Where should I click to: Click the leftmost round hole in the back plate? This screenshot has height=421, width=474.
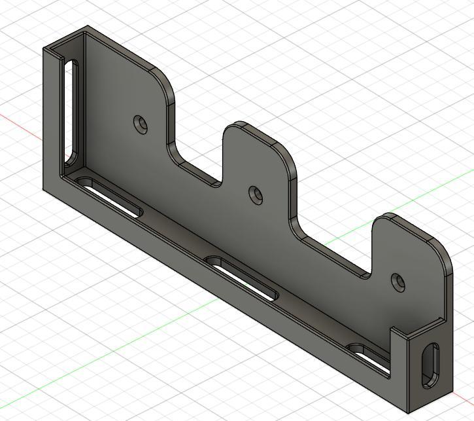pyautogui.click(x=140, y=123)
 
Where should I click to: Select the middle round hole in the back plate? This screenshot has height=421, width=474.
pyautogui.click(x=256, y=194)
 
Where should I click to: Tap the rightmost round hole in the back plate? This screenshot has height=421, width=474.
pyautogui.click(x=398, y=282)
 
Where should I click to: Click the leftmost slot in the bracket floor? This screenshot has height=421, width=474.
pyautogui.click(x=109, y=196)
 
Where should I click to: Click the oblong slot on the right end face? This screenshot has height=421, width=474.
pyautogui.click(x=430, y=363)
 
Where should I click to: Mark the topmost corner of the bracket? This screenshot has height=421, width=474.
pyautogui.click(x=88, y=27)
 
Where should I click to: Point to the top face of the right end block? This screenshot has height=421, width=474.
pyautogui.click(x=424, y=327)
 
